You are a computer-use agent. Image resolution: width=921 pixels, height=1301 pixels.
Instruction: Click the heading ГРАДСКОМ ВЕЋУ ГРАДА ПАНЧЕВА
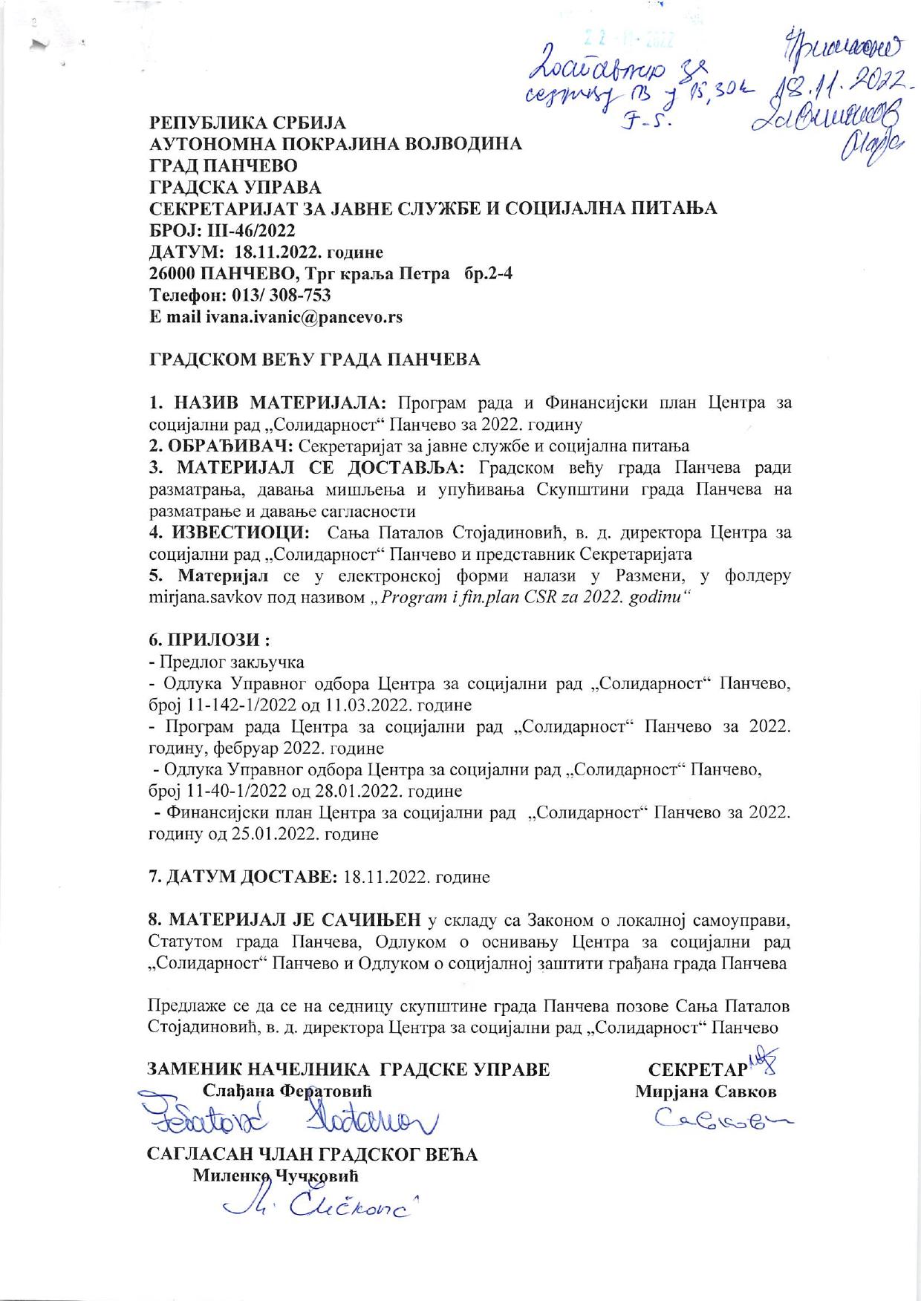[x=315, y=359]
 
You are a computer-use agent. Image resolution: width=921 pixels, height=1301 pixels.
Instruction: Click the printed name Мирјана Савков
[x=706, y=1092]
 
